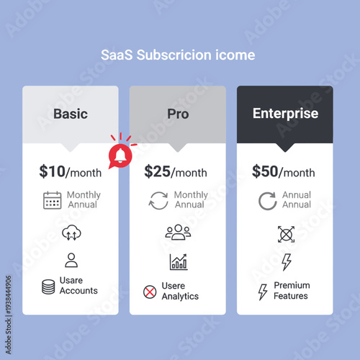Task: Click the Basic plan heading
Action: pos(71,114)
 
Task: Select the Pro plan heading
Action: pos(178,114)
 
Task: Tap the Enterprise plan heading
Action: pos(285,114)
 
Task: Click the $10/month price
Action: pos(71,171)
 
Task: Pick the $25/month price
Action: pos(176,171)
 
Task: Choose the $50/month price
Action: pos(283,171)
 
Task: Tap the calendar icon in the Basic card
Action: pos(53,200)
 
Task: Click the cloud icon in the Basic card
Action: pos(71,233)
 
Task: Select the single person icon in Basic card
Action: pos(71,260)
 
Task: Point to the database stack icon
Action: pos(48,287)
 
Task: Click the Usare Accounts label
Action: pos(78,287)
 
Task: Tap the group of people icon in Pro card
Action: pos(178,233)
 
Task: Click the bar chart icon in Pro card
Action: pos(178,262)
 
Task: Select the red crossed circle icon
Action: pos(150,292)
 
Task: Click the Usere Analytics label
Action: pos(180,292)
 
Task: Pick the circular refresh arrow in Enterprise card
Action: pos(268,200)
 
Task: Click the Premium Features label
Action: pos(292,291)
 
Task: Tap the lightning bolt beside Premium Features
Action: pos(263,292)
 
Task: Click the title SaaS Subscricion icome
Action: pos(177,55)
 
